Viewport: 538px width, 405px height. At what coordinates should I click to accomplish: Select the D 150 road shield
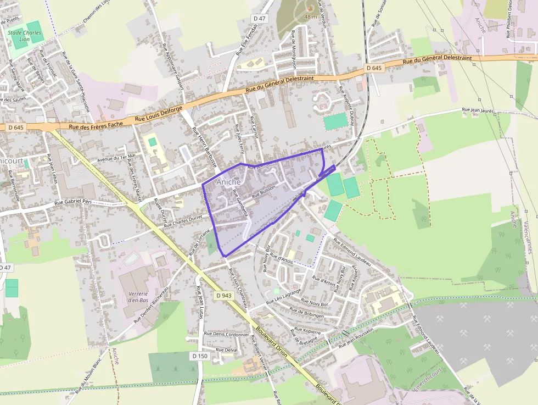point(200,356)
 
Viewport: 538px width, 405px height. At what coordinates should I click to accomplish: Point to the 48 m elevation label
point(311,17)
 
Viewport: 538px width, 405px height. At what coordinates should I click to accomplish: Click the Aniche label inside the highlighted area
point(228,182)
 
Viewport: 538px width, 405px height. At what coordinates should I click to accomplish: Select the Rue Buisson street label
point(263,191)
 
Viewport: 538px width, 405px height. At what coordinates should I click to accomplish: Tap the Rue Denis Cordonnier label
point(226,334)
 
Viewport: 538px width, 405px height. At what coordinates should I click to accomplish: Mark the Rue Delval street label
point(227,350)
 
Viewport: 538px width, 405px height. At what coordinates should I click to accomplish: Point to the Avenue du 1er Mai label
point(115,158)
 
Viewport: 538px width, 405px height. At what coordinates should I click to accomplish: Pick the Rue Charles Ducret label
point(183,221)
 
